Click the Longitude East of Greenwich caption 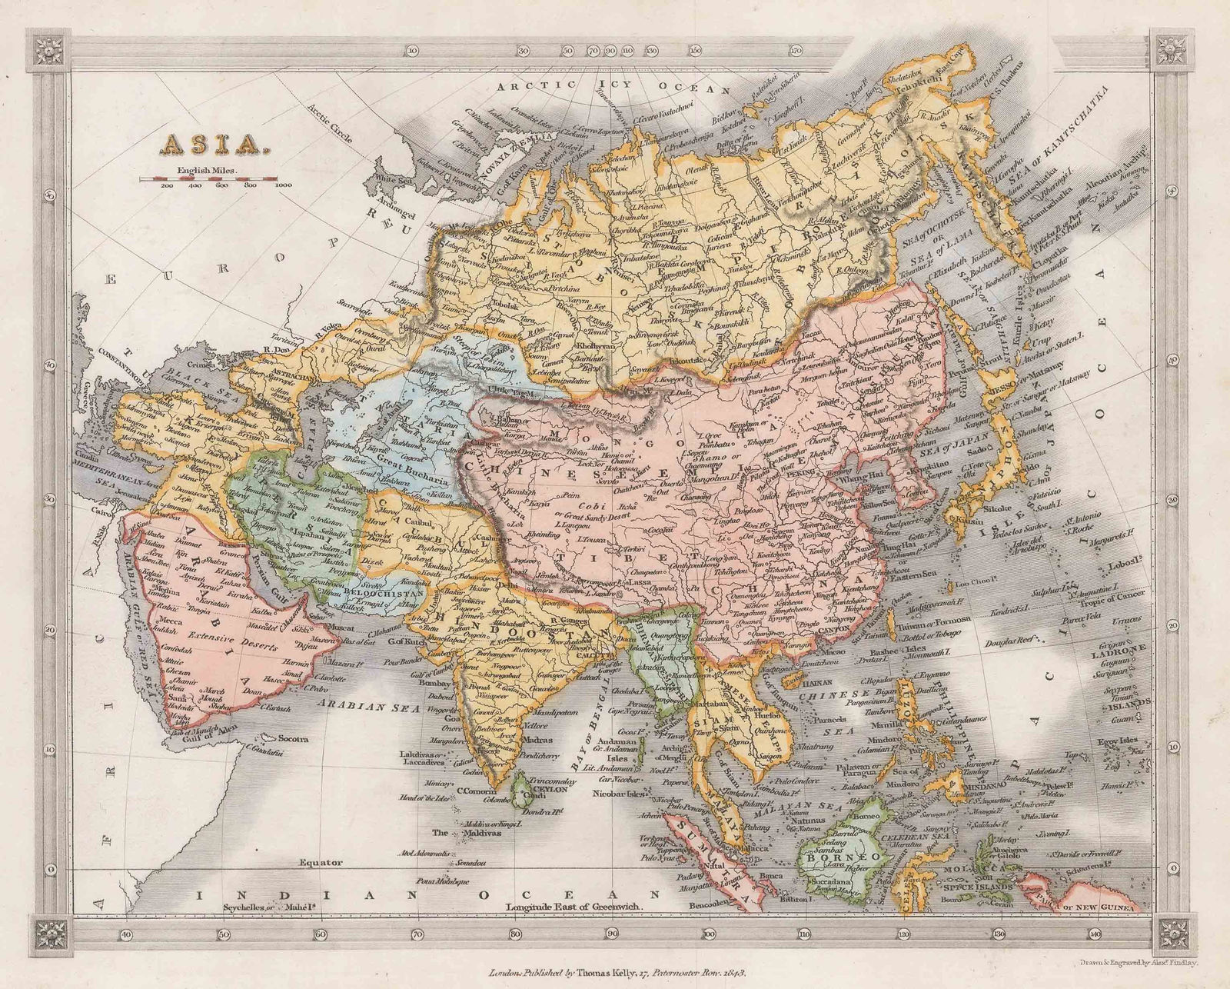[573, 907]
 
